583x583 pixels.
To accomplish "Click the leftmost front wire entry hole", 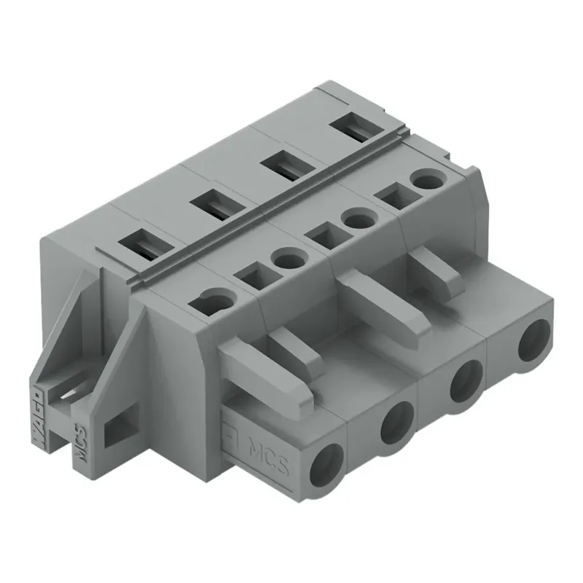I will click(x=326, y=462).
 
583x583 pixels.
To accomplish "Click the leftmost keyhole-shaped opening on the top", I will click(x=214, y=299).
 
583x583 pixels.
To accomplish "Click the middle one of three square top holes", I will click(x=320, y=235).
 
